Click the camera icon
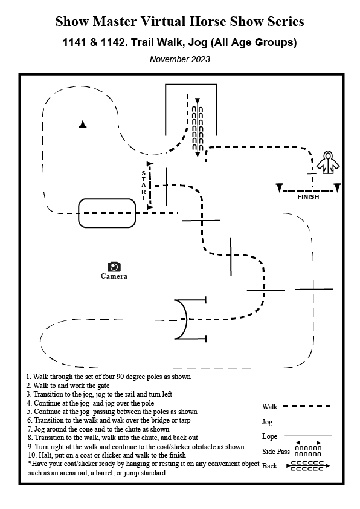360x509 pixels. pos(114,267)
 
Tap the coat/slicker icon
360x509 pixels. pos(328,162)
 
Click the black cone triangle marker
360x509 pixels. pos(83,124)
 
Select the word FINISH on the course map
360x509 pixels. pos(308,196)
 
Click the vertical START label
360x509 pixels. pos(143,186)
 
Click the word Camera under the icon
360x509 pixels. pos(114,276)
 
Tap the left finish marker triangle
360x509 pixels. pos(280,187)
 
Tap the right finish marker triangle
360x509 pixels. pos(337,187)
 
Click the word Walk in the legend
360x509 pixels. pos(269,407)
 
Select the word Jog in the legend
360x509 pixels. pos(267,422)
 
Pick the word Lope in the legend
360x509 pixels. pos(269,436)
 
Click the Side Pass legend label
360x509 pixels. pos(275,451)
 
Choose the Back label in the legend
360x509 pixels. pos(269,466)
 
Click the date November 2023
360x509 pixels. pos(179,59)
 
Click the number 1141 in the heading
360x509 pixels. pos(74,42)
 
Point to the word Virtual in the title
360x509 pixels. pos(163,21)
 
